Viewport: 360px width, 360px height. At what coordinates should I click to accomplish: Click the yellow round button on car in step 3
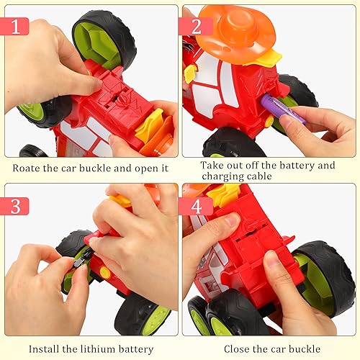pyautogui.click(x=104, y=272)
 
